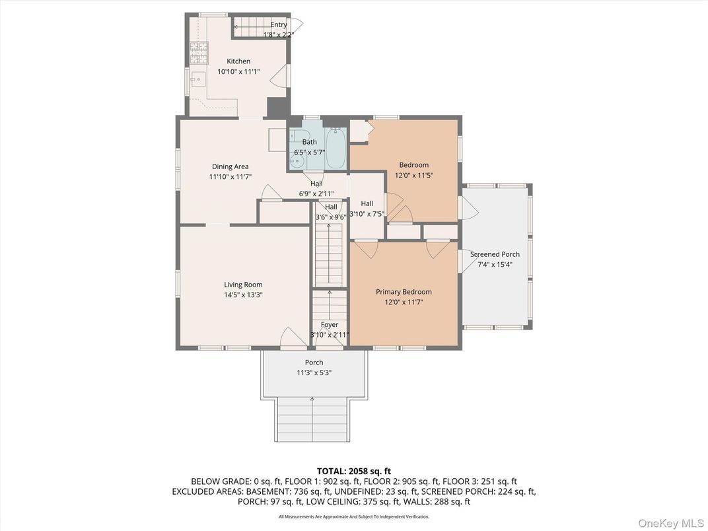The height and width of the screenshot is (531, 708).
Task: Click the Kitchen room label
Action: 238,61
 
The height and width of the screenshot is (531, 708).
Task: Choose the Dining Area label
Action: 230,166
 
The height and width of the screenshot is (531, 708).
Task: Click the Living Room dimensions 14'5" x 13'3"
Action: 243,295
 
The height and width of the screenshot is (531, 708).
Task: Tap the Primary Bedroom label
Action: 404,292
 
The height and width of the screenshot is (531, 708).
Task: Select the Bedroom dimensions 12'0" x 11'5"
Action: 413,175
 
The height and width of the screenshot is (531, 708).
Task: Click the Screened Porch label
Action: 495,254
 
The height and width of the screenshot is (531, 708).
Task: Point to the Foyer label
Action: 330,325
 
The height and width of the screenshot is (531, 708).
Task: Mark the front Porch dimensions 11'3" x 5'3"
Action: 314,372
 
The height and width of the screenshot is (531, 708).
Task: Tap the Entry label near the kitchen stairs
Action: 279,25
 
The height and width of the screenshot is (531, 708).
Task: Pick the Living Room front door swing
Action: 289,337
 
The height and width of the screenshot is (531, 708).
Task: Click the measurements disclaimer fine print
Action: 353,516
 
